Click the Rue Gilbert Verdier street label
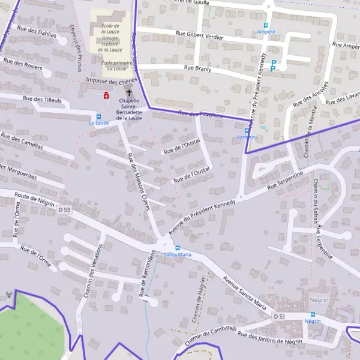point(200,37)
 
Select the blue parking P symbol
point(274,65)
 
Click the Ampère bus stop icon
point(266,26)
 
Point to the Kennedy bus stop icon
point(247,130)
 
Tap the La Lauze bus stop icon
point(98,116)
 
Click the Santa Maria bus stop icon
point(177,248)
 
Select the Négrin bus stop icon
point(312,314)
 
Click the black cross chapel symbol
point(128,93)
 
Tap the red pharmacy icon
point(107,94)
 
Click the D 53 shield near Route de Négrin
point(65,209)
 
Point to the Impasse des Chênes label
point(112,80)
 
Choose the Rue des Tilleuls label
point(42,99)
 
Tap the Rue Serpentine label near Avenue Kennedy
point(289,181)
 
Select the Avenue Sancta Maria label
point(244,292)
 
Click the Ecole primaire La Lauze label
point(116,65)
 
